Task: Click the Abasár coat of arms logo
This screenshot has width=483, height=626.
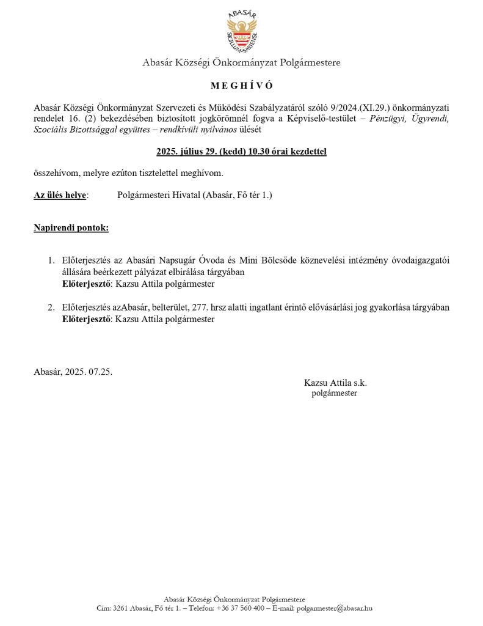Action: tap(241, 31)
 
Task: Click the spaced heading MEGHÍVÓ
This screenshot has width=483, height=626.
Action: tap(241, 85)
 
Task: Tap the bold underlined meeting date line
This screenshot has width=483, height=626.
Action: tap(241, 151)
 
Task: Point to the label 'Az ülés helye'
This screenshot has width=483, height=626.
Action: tap(60, 196)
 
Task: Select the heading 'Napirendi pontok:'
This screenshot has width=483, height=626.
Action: tap(71, 229)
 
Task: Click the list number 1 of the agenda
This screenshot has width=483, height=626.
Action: tap(52, 261)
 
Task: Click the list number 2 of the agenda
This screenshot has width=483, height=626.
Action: tap(52, 308)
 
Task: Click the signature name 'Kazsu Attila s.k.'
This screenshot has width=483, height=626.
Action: tap(335, 383)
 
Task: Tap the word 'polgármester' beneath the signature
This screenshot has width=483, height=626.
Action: tap(334, 394)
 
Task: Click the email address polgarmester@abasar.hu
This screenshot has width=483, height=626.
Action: tap(338, 608)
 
